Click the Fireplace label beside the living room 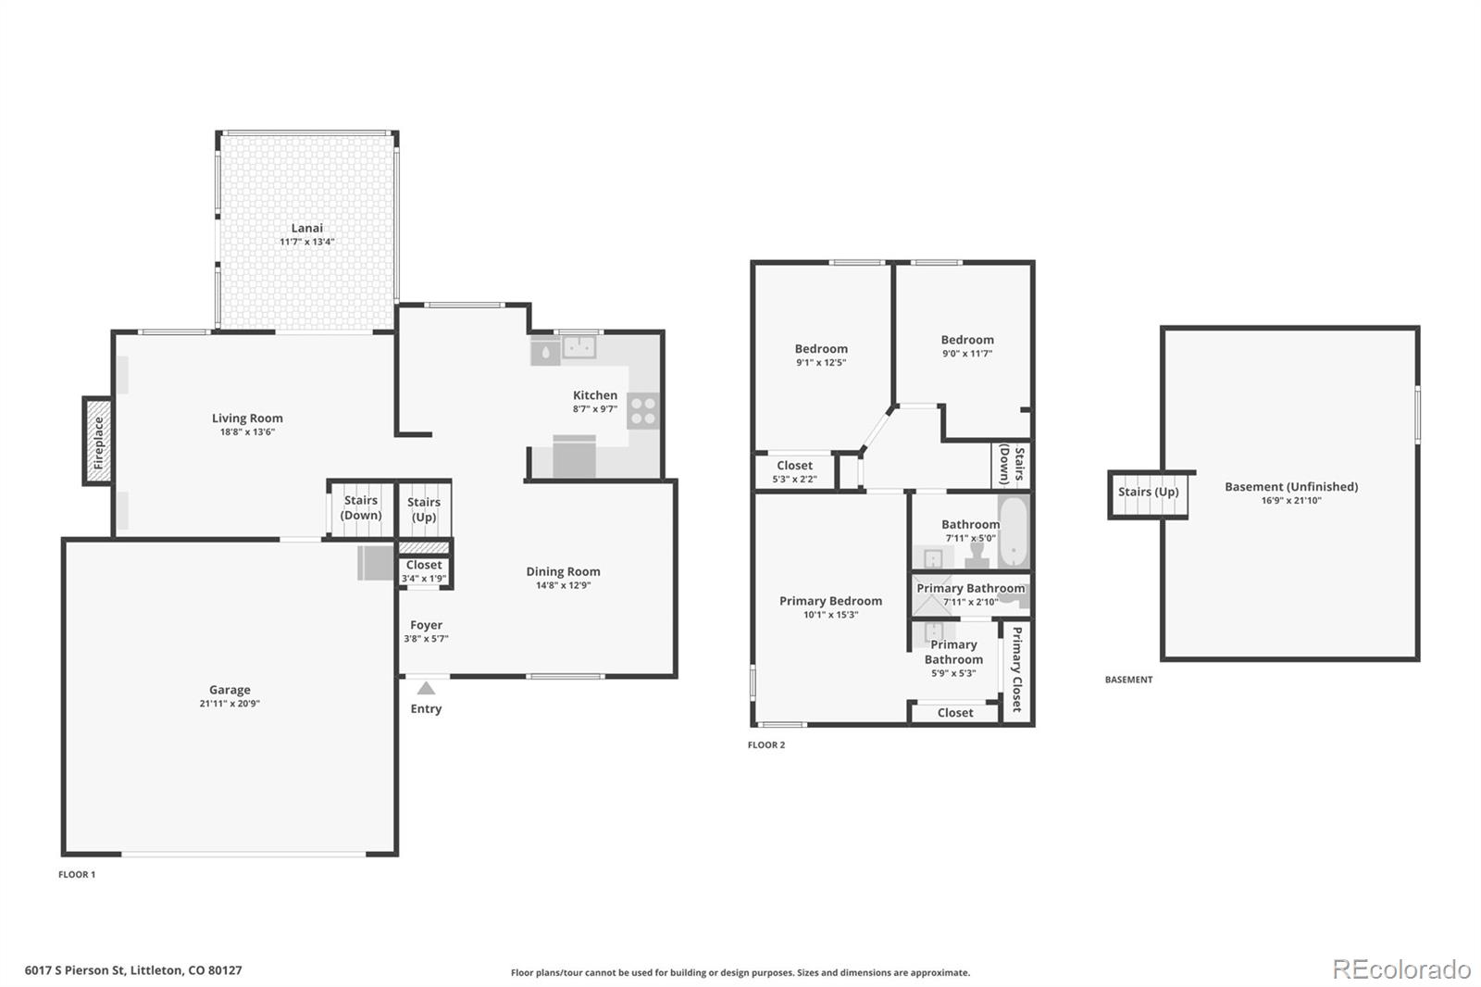coord(98,443)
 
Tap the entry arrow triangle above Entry coord(427,689)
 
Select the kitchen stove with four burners coord(642,410)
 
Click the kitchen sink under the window coord(579,346)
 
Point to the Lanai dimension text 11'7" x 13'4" coord(306,242)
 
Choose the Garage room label coord(230,689)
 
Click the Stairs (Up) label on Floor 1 coord(424,509)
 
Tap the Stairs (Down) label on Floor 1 coord(361,507)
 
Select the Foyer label coord(426,625)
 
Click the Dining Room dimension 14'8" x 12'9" coord(564,585)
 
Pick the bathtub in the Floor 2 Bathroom coord(1014,531)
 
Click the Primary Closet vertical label coord(1017,668)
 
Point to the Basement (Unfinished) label coord(1291,487)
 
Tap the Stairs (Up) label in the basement coord(1149,493)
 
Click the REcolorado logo coord(1401,969)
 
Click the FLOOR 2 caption coord(766,745)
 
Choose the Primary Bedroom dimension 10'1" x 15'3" coord(830,615)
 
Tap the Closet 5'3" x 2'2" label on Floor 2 coord(795,471)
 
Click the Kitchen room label coord(595,395)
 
